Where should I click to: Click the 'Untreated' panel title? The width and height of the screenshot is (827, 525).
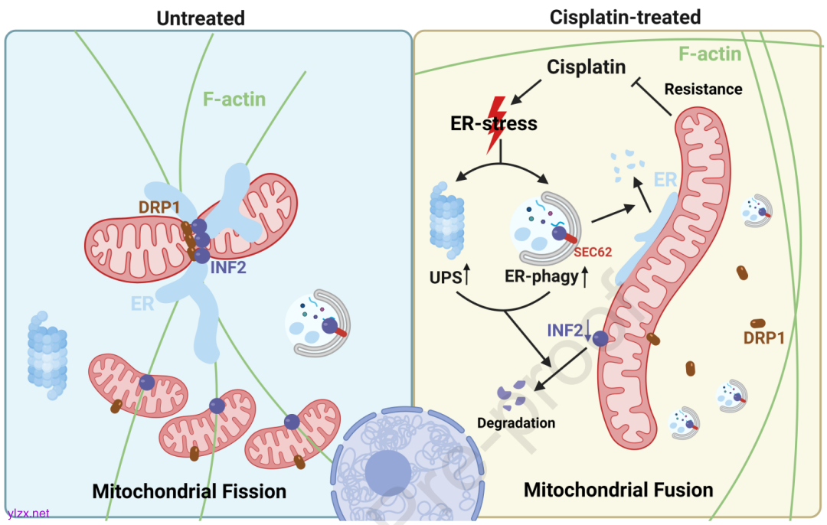(201, 18)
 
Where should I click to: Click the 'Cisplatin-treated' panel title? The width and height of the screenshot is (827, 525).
(625, 16)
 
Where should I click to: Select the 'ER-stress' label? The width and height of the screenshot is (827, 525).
(494, 124)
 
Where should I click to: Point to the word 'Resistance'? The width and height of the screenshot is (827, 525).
(703, 89)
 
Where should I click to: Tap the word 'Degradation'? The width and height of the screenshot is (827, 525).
(515, 422)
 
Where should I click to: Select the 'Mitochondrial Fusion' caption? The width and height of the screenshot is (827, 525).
(618, 489)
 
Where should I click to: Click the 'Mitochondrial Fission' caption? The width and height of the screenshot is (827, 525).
(189, 491)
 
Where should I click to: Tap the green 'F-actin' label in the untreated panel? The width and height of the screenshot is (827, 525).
(234, 99)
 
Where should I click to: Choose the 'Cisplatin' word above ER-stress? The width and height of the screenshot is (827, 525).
(587, 67)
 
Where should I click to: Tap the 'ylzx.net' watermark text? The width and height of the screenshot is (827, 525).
(28, 513)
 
